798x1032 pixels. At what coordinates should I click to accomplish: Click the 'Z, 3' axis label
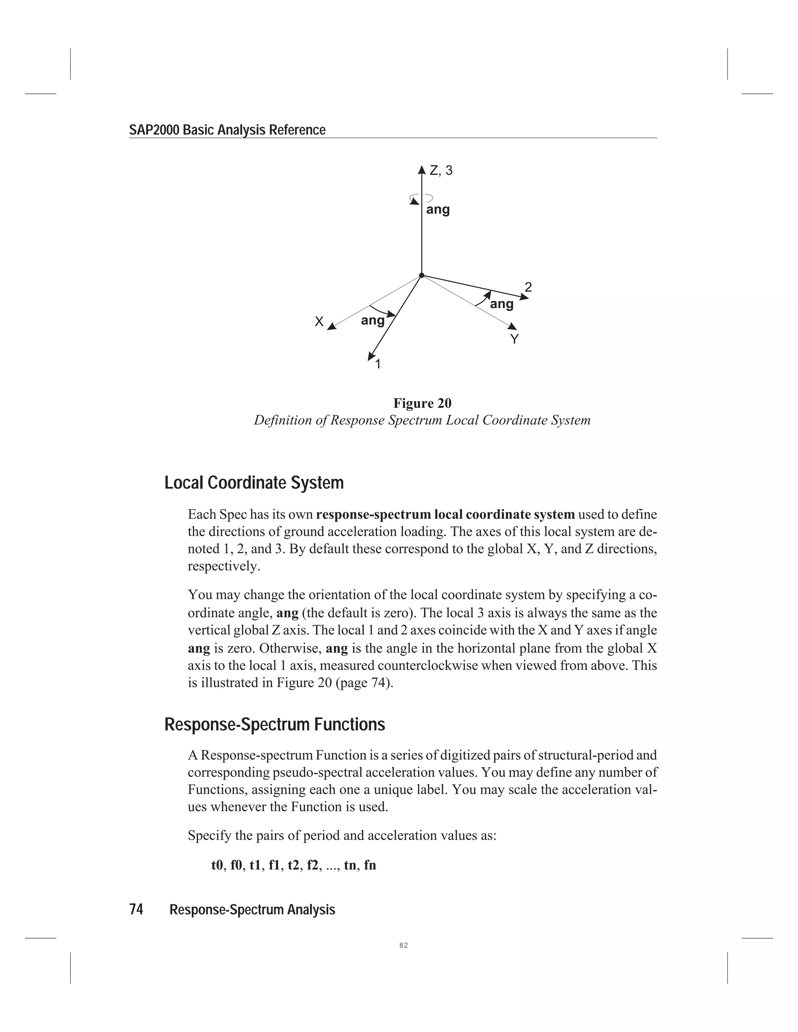441,171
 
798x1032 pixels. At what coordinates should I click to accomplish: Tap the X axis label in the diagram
319,322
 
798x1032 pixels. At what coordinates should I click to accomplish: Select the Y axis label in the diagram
514,339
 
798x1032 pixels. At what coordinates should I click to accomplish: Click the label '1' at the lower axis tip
378,364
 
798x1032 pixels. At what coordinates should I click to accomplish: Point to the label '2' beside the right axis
528,287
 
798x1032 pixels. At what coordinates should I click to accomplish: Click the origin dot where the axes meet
422,275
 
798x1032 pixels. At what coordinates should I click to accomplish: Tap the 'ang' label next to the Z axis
438,210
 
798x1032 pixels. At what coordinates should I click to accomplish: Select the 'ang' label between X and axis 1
373,321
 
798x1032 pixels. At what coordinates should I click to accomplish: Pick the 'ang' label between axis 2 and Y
501,304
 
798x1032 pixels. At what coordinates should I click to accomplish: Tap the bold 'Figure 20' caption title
422,403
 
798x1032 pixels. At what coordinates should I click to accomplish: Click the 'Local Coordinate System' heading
254,483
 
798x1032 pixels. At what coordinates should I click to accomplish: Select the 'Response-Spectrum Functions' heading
275,724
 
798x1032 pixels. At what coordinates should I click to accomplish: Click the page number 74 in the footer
136,909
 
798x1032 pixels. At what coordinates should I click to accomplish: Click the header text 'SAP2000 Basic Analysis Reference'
227,130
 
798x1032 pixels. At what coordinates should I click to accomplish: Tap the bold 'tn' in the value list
350,865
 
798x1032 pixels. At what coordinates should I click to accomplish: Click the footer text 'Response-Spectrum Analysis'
252,910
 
